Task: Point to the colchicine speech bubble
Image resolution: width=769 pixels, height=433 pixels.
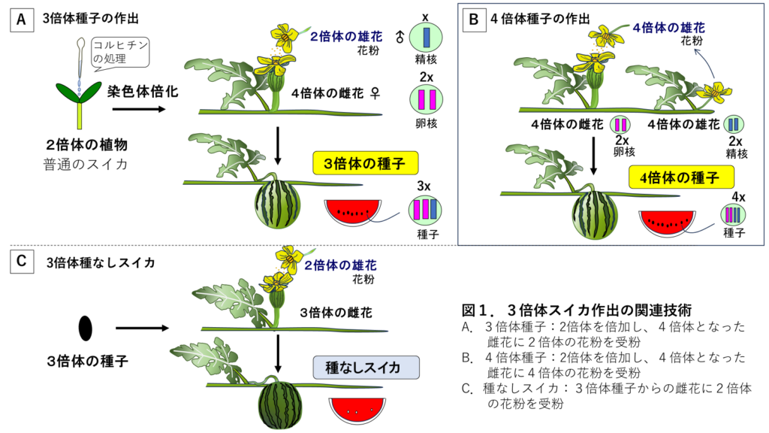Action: coord(119,53)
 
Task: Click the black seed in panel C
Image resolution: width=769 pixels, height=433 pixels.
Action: coord(85,328)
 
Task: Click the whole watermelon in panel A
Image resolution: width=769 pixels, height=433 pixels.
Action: coord(278,203)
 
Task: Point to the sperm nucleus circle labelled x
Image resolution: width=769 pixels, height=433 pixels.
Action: coord(425,38)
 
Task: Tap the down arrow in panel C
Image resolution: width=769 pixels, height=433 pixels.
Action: coord(279,353)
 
